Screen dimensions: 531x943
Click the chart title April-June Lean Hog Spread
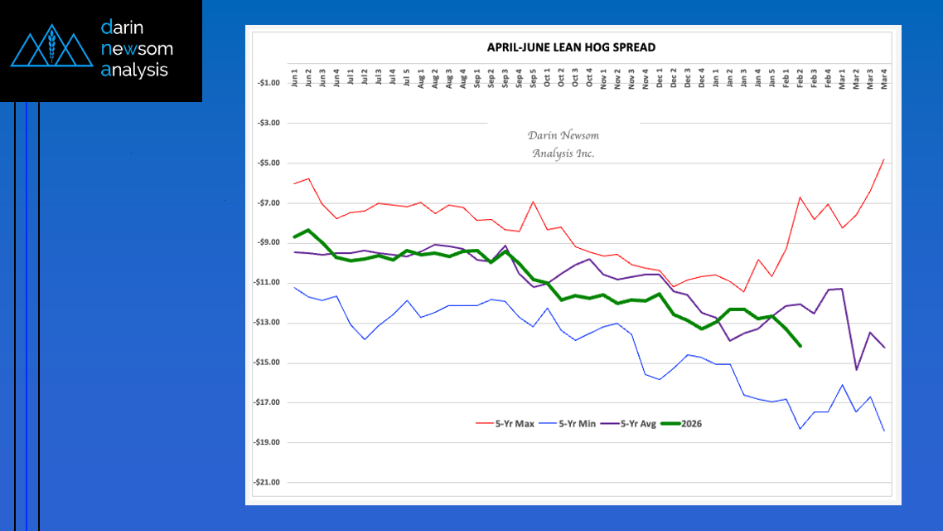pos(571,47)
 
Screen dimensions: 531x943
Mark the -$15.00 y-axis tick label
pos(268,363)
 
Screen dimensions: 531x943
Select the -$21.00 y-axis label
pos(268,482)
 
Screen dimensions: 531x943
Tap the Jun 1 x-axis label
pos(295,80)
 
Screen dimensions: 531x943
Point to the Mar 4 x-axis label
pos(884,80)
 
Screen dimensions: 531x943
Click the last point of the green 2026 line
pos(800,346)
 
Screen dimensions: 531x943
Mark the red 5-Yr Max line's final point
pos(884,159)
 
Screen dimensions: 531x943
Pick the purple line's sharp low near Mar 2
pos(856,369)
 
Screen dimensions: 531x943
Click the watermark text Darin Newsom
pos(563,135)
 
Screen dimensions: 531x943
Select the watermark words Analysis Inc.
pos(563,153)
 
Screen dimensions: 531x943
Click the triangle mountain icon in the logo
pos(51,50)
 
